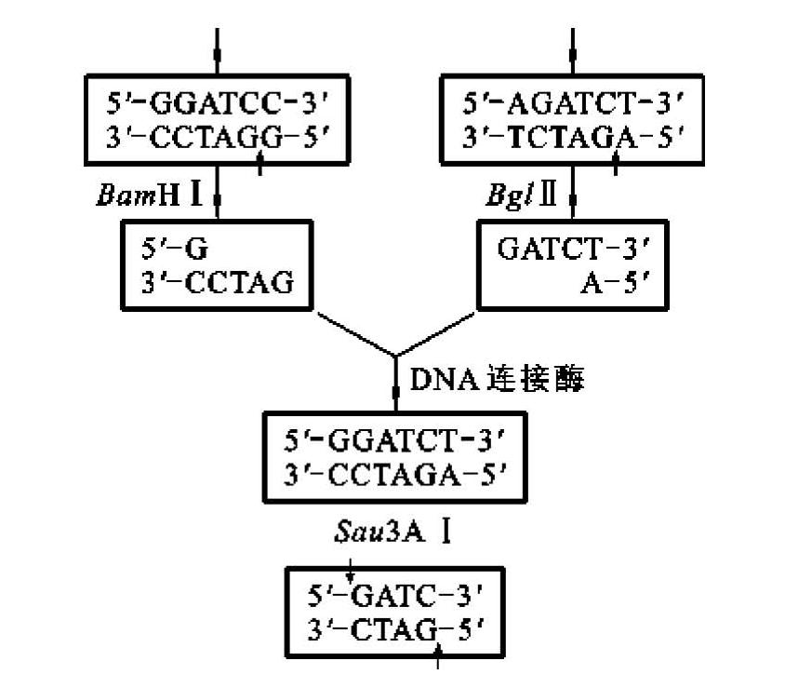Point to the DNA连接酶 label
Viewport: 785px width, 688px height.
pyautogui.click(x=497, y=379)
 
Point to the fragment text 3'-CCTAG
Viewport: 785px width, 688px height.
pyautogui.click(x=217, y=282)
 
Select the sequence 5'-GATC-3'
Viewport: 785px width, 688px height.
pyautogui.click(x=394, y=593)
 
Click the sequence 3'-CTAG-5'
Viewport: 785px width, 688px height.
pyautogui.click(x=394, y=628)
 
